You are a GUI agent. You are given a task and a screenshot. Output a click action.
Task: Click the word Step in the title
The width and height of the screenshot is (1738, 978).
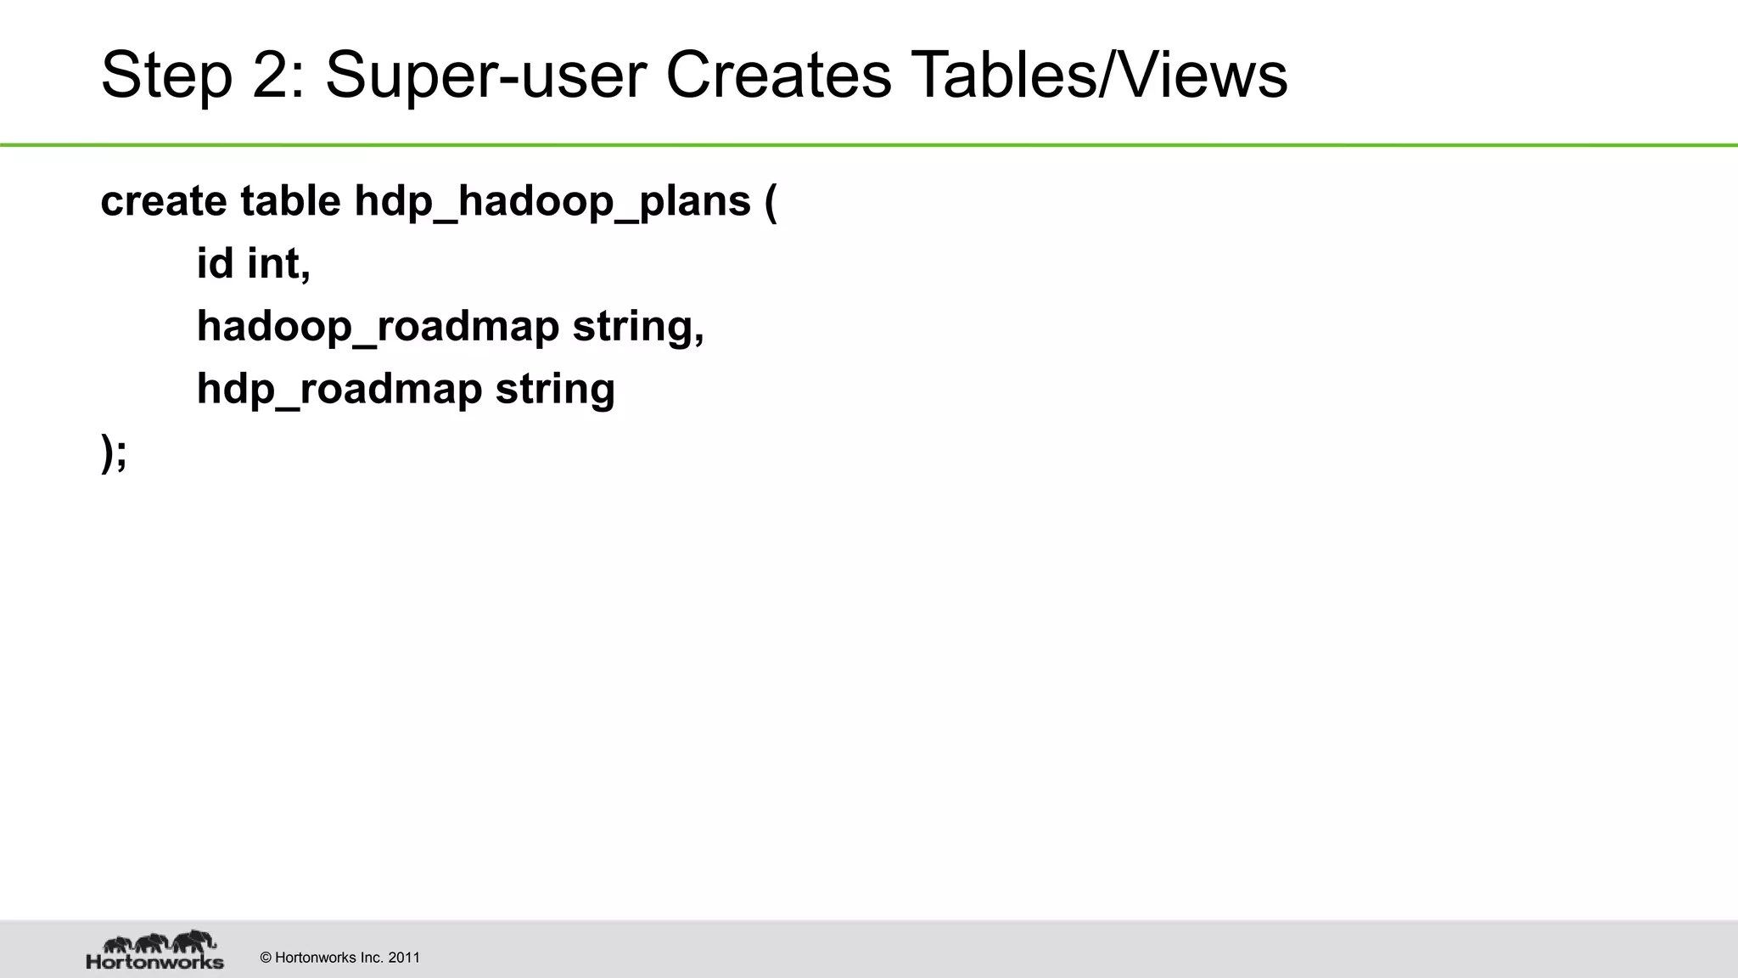[x=166, y=76]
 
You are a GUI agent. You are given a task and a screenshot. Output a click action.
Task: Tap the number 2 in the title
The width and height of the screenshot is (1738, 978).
[x=277, y=76]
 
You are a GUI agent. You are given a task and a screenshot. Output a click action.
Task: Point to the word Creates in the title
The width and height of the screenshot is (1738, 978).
[x=778, y=76]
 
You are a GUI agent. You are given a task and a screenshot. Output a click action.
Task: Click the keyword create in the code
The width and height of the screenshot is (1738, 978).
[x=164, y=201]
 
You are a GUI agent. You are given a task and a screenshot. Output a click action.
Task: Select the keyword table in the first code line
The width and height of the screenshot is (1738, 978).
[x=290, y=201]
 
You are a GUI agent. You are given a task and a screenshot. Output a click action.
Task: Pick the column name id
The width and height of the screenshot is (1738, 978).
[x=215, y=263]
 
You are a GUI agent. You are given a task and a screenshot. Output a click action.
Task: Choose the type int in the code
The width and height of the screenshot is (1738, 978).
[x=278, y=263]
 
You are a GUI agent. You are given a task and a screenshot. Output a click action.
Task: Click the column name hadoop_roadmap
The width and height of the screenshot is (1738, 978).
[x=378, y=327]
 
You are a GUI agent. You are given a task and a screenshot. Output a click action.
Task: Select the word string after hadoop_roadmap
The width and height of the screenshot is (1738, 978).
[x=637, y=327]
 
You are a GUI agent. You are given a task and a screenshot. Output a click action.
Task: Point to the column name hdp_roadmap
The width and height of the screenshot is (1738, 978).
[x=339, y=390]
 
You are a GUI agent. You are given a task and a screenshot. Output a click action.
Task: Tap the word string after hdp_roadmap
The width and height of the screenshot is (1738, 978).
[x=555, y=390]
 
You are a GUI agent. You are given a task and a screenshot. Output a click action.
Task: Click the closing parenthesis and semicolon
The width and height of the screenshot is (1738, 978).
[x=114, y=452]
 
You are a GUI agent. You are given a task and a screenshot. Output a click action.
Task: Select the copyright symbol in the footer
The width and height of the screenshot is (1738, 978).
[x=266, y=958]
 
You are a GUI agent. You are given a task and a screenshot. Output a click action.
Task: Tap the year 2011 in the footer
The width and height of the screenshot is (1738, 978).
[x=404, y=958]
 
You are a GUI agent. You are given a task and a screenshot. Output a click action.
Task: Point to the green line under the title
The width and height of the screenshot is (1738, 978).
[x=869, y=145]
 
